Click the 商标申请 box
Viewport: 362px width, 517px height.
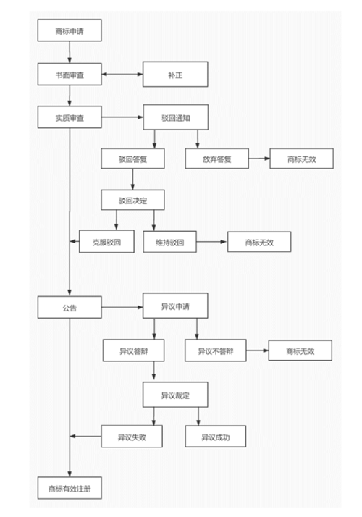click(x=70, y=30)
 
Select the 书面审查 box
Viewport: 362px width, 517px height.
click(x=70, y=75)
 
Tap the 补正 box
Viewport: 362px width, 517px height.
click(x=175, y=75)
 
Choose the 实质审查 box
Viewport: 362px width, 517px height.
click(x=70, y=117)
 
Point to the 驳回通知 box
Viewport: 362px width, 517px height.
click(x=176, y=117)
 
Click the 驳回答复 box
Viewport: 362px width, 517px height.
click(x=133, y=159)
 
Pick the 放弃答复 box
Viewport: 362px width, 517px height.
click(x=217, y=159)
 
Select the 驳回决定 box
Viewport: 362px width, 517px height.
click(x=133, y=200)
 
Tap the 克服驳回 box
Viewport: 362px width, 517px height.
click(x=107, y=242)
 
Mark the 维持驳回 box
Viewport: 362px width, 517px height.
click(x=170, y=242)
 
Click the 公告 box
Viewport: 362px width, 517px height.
click(x=70, y=307)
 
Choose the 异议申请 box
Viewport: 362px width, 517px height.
click(x=175, y=306)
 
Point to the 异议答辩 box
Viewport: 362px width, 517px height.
click(x=133, y=350)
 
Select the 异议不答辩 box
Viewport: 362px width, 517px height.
click(x=216, y=350)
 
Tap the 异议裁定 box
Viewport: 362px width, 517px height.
click(x=175, y=395)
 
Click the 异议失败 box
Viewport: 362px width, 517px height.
click(x=132, y=437)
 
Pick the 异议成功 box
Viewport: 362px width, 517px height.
click(x=216, y=437)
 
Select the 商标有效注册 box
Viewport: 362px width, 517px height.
click(x=70, y=488)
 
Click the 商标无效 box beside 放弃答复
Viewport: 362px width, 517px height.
click(x=302, y=159)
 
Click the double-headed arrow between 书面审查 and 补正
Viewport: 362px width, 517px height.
click(x=122, y=74)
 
